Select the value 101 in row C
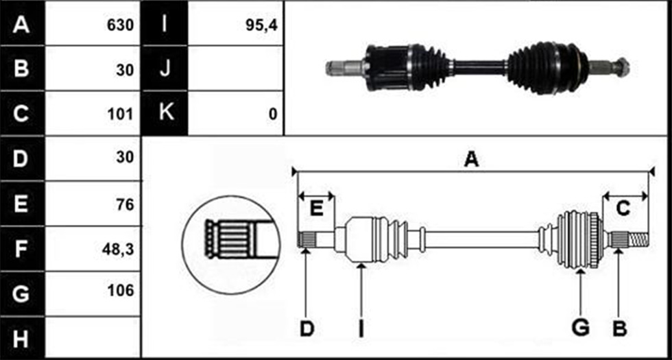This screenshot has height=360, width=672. pyautogui.click(x=121, y=115)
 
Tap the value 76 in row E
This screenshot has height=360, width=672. pyautogui.click(x=125, y=205)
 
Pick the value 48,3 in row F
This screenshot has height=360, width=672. pyautogui.click(x=117, y=250)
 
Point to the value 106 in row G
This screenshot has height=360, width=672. pyautogui.click(x=121, y=291)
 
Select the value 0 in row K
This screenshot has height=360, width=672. pyautogui.click(x=273, y=115)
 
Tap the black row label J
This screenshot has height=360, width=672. pyautogui.click(x=165, y=69)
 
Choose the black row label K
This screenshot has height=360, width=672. pyautogui.click(x=165, y=113)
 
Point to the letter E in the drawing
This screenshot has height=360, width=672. pyautogui.click(x=316, y=209)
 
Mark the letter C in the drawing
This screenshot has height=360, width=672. pyautogui.click(x=623, y=209)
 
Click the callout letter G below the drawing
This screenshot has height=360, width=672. pyautogui.click(x=581, y=328)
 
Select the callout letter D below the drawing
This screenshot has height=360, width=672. pyautogui.click(x=307, y=329)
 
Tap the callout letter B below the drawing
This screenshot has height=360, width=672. pyautogui.click(x=620, y=329)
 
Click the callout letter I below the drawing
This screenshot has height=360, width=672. pyautogui.click(x=361, y=329)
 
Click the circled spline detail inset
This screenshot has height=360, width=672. pyautogui.click(x=231, y=245)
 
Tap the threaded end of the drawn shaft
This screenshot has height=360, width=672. pyautogui.click(x=638, y=239)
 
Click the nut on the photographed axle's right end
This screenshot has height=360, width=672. pyautogui.click(x=621, y=68)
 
